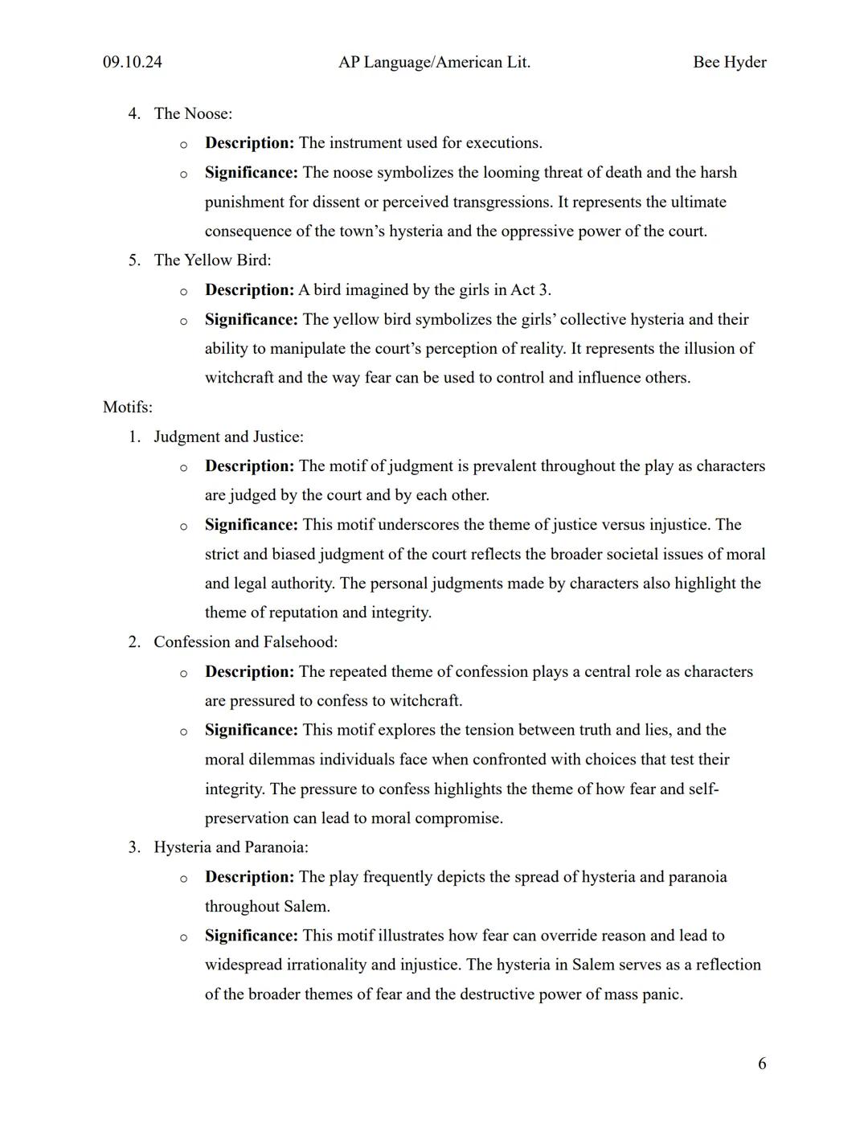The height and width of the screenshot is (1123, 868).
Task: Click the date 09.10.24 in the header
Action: click(132, 62)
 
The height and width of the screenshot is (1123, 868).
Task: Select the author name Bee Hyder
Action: click(729, 62)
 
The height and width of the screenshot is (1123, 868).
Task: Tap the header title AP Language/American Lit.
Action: click(434, 62)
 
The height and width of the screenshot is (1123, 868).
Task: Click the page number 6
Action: click(762, 1064)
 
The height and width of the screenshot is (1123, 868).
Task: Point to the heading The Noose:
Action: click(193, 113)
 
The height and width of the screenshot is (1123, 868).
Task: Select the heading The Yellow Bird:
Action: click(212, 260)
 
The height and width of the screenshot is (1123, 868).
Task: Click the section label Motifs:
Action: click(128, 407)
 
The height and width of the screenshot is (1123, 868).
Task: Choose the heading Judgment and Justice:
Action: click(228, 436)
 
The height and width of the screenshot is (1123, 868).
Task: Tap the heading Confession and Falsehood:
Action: click(245, 641)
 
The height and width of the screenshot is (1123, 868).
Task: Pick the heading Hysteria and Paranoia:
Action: click(231, 846)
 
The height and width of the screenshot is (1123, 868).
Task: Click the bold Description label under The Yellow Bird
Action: click(249, 289)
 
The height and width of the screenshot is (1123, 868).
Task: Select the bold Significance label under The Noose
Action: click(251, 172)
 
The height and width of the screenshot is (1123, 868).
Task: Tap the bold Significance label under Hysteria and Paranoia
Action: click(251, 935)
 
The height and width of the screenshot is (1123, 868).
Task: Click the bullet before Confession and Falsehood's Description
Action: click(183, 673)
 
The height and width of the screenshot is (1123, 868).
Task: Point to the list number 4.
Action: click(133, 113)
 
